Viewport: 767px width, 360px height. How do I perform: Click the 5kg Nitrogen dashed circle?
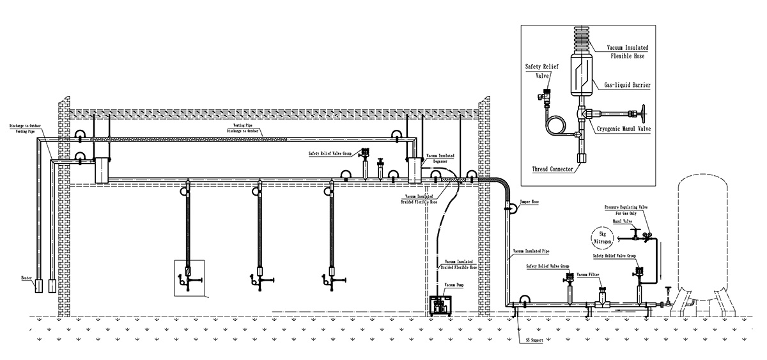[604, 238]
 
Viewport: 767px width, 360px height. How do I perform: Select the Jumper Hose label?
[530, 201]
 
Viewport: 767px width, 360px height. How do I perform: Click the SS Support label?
[534, 340]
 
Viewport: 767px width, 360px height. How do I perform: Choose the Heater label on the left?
[26, 278]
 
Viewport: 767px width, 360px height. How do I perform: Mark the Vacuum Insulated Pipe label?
[532, 252]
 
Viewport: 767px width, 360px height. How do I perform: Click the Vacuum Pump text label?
[454, 283]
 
